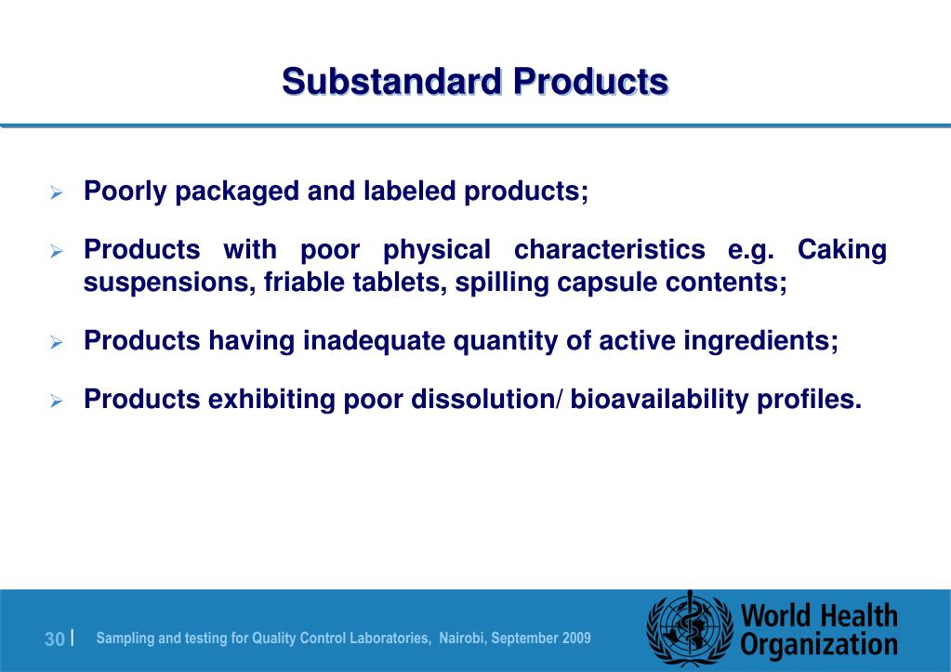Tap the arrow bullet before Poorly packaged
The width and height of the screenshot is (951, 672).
click(56, 194)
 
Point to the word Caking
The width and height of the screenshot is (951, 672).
click(842, 250)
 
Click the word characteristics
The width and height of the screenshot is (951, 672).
click(609, 250)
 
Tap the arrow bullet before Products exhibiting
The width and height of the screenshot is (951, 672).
click(56, 402)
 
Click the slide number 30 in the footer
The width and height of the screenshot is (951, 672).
click(55, 639)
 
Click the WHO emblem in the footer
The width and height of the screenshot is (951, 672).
click(690, 629)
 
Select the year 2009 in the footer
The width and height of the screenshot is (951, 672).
click(575, 638)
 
